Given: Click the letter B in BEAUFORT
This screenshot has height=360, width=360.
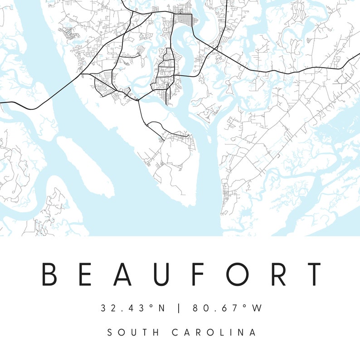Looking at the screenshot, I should tap(50, 274).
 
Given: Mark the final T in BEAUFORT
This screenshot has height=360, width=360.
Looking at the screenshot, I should tap(312, 274).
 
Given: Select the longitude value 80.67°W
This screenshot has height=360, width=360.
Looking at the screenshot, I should tap(227, 308).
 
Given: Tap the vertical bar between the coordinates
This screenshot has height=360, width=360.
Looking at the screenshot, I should tap(179, 308).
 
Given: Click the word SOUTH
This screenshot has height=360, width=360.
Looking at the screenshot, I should tap(133, 332).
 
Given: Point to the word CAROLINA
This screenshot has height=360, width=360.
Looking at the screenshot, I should tap(214, 332).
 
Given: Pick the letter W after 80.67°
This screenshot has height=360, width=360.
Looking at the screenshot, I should tap(257, 308).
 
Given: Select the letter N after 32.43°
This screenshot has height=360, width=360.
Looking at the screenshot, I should tap(161, 308).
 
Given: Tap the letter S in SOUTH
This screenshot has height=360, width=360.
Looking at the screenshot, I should tap(110, 332).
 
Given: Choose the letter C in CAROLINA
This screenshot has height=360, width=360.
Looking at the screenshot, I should tap(175, 332).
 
